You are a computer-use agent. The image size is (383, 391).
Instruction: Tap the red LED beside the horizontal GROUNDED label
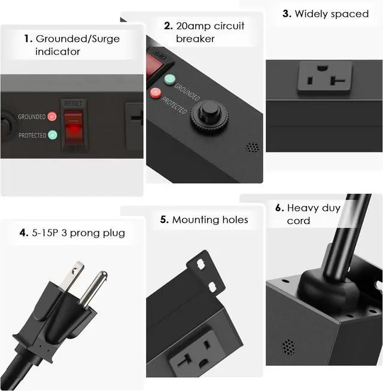51,117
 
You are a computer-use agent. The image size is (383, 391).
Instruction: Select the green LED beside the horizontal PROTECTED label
51,135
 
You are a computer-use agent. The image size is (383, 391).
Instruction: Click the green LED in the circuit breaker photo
170,79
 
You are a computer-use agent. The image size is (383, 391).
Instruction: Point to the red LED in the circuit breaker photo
157,92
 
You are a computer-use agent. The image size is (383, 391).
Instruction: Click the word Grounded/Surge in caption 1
78,39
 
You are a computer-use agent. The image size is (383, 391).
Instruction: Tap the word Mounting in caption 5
193,220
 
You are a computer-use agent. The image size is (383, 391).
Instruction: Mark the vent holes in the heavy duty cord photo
288,346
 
